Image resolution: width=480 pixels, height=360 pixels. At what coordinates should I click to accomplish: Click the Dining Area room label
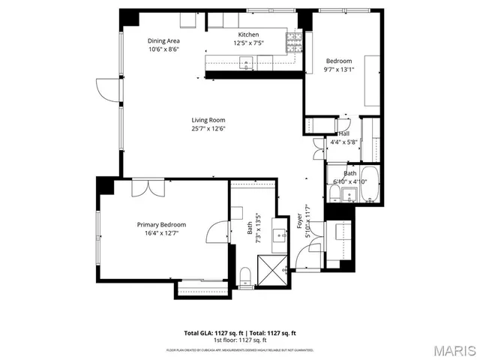pyautogui.click(x=162, y=42)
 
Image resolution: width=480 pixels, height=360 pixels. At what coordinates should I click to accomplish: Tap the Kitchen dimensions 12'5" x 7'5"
pyautogui.click(x=248, y=43)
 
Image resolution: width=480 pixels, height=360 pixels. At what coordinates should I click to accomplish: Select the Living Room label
pyautogui.click(x=208, y=120)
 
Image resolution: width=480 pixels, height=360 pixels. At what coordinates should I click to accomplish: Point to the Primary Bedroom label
pyautogui.click(x=161, y=224)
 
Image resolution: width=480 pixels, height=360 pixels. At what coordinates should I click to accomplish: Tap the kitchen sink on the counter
pyautogui.click(x=245, y=65)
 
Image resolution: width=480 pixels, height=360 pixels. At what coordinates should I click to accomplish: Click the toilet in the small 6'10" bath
pyautogui.click(x=332, y=194)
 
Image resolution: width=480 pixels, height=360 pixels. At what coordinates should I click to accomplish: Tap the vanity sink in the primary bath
pyautogui.click(x=283, y=236)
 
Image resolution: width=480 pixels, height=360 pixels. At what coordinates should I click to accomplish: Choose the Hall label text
pyautogui.click(x=343, y=133)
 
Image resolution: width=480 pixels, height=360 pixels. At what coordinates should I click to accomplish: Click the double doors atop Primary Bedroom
pyautogui.click(x=144, y=187)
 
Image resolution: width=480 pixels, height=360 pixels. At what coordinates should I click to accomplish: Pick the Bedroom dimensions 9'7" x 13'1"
pyautogui.click(x=339, y=70)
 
